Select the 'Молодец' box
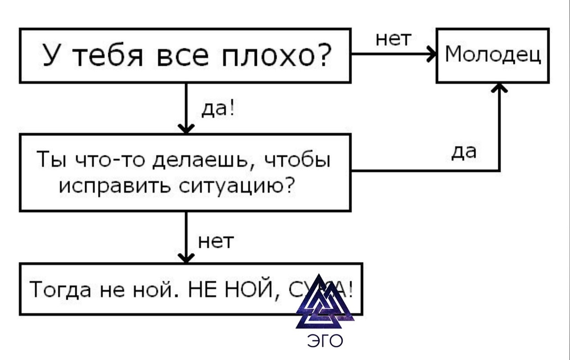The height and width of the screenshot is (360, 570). point(493,55)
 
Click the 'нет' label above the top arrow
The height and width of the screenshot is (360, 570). point(392,39)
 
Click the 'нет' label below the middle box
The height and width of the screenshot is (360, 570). point(216,241)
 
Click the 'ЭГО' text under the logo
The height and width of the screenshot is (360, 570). point(326,341)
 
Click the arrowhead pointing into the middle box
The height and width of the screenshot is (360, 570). point(186,129)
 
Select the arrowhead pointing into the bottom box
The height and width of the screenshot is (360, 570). point(186,258)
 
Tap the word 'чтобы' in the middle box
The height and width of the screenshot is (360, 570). point(298,160)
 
